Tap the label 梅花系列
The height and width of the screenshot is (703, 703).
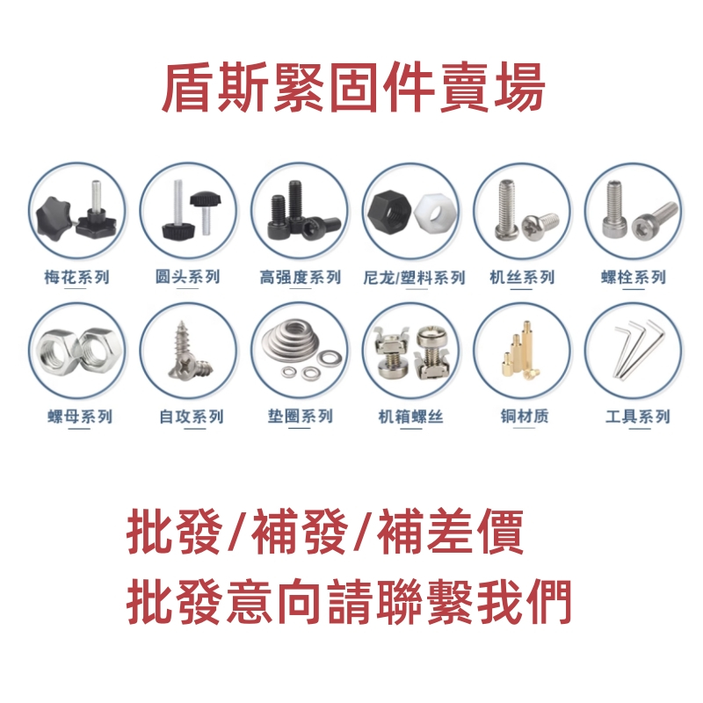tap(76, 278)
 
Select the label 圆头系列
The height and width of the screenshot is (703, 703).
tap(187, 278)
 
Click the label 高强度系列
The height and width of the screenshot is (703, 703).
tap(300, 278)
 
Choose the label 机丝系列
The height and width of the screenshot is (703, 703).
tap(522, 278)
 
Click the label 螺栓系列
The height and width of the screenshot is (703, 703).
tap(634, 278)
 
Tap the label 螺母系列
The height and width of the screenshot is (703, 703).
tap(80, 417)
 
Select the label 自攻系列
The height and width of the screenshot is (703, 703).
tap(191, 417)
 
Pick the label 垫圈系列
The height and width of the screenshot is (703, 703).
tap(301, 417)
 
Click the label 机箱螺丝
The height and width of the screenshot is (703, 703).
tap(410, 417)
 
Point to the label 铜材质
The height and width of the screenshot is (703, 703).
tap(522, 417)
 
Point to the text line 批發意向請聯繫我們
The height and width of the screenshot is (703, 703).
tap(350, 601)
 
